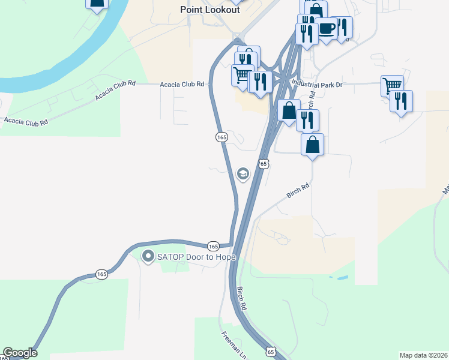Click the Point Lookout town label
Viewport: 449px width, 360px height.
coord(210,10)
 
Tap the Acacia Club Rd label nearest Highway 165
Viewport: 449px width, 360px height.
coord(182,85)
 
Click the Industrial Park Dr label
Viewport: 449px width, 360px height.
coord(317,85)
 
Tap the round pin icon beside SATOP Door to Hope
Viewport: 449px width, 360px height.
coord(148,257)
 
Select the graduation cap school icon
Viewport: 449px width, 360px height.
coord(243,174)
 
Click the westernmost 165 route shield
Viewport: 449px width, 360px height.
coord(101,274)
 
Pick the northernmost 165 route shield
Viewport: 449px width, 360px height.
coord(221,137)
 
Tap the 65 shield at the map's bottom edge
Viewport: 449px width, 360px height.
coord(271,352)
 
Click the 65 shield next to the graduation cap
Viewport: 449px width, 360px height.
coord(263,163)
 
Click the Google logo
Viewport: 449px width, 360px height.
coord(20,353)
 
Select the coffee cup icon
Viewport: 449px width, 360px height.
coord(327,28)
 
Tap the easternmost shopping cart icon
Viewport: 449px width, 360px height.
coord(392,85)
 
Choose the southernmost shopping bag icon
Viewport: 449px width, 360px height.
coord(312,144)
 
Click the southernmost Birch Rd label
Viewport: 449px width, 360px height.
coord(242,298)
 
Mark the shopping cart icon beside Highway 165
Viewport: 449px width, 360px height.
coord(242,75)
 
